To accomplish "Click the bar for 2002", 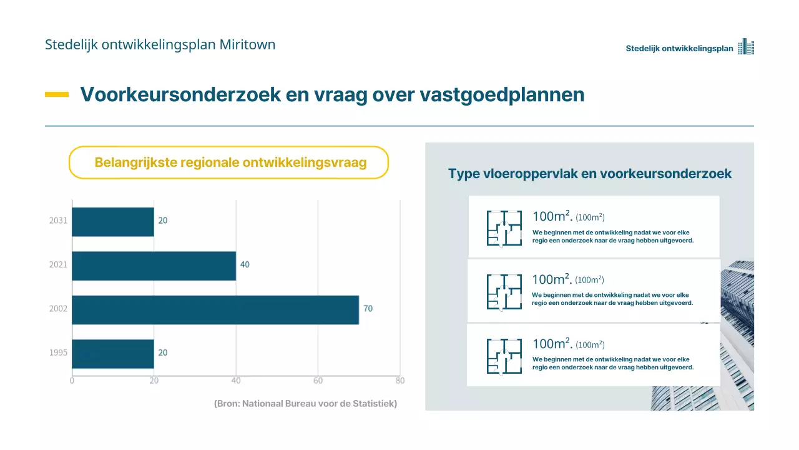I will click(215, 309).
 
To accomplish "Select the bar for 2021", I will click(154, 266).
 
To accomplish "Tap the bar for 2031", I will click(113, 221).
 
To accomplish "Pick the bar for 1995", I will click(113, 353).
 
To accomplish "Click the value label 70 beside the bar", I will click(368, 309).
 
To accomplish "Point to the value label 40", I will click(245, 265).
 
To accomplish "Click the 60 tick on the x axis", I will click(318, 381).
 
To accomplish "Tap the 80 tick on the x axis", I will click(400, 381).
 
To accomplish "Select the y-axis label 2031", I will click(58, 221).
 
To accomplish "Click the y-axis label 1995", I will click(58, 353).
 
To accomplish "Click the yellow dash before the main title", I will click(57, 94).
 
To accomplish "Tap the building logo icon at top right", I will click(746, 47).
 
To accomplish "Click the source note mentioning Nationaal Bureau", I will click(305, 404).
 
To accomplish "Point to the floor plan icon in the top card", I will click(504, 227).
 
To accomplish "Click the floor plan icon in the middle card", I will click(504, 292).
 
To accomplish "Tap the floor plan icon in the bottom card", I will click(504, 356).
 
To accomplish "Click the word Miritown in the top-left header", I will click(247, 44).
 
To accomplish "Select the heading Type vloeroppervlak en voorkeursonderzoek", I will click(589, 174).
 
